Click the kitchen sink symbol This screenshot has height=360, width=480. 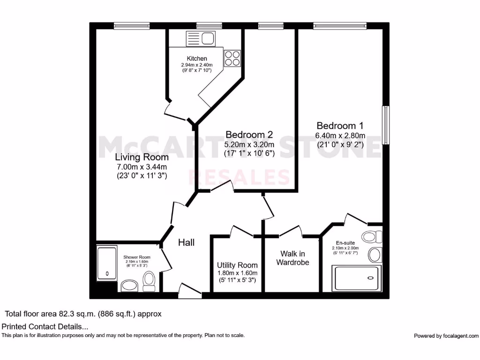click(x=200, y=38)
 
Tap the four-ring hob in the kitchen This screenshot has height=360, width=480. click(x=232, y=58)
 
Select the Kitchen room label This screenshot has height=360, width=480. click(x=197, y=59)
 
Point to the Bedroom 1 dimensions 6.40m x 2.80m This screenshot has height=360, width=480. click(x=340, y=136)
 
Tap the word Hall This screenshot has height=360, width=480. click(x=186, y=242)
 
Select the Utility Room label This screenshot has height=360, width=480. click(x=237, y=265)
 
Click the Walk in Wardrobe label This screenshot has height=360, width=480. click(x=292, y=258)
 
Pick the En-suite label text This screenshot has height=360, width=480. click(x=345, y=242)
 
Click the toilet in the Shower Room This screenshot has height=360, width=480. click(x=150, y=280)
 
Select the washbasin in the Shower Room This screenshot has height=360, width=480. click(x=128, y=285)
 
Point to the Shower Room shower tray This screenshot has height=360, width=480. click(x=107, y=263)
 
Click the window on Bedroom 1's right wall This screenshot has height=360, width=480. click(x=385, y=125)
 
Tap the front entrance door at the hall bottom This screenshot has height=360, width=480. click(x=190, y=291)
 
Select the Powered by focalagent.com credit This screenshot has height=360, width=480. click(x=446, y=336)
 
